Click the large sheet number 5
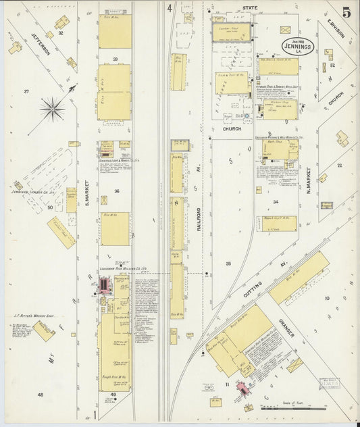click(346, 13)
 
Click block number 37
click(26, 91)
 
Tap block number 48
click(40, 395)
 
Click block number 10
click(326, 298)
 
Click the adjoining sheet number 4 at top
click(170, 9)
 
